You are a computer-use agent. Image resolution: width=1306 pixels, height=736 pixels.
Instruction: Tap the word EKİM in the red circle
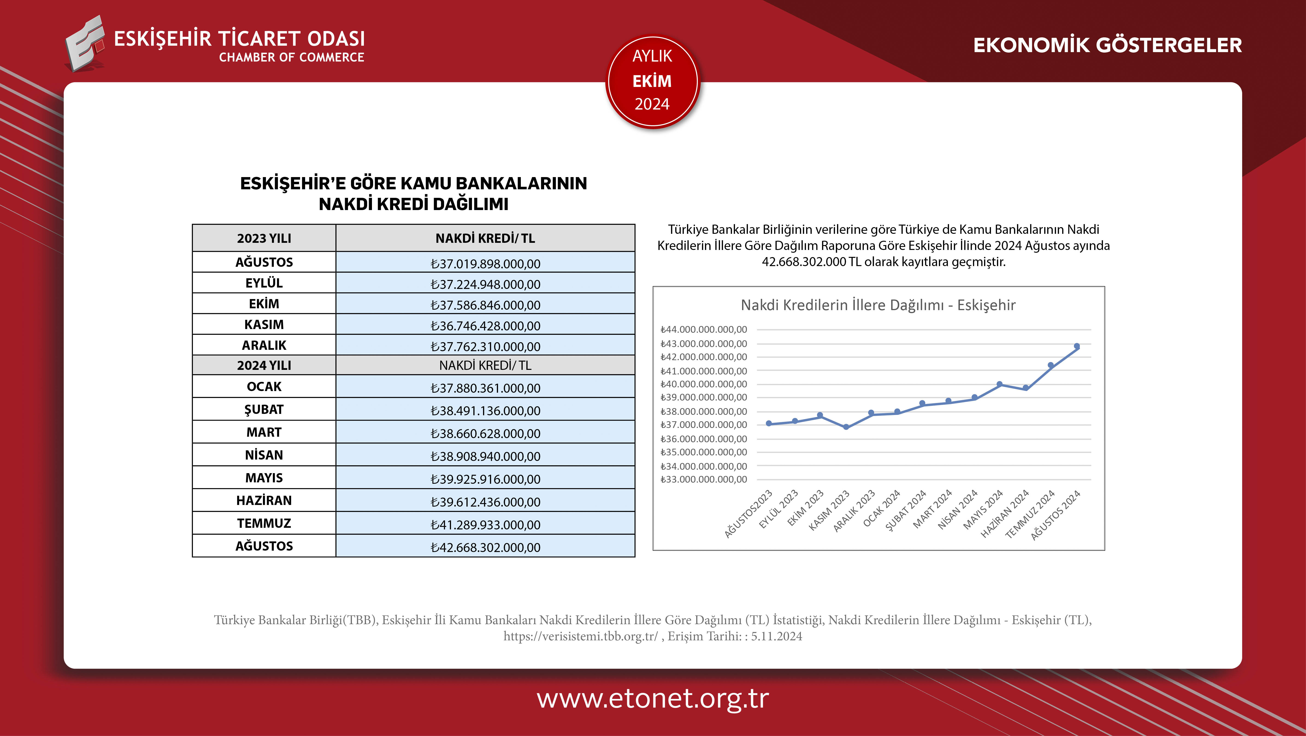(x=652, y=81)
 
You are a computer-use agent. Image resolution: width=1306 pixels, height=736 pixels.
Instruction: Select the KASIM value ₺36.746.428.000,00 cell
(x=485, y=325)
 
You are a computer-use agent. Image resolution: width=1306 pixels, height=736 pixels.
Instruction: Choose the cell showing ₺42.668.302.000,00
(x=485, y=547)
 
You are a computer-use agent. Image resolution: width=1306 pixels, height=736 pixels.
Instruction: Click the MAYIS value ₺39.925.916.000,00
(x=485, y=478)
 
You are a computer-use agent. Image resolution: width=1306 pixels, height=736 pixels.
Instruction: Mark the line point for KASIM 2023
(x=846, y=427)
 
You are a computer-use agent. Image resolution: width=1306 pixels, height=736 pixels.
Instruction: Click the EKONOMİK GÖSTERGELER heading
(x=1107, y=45)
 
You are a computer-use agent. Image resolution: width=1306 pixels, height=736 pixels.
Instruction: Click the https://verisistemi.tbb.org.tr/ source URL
(x=580, y=636)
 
